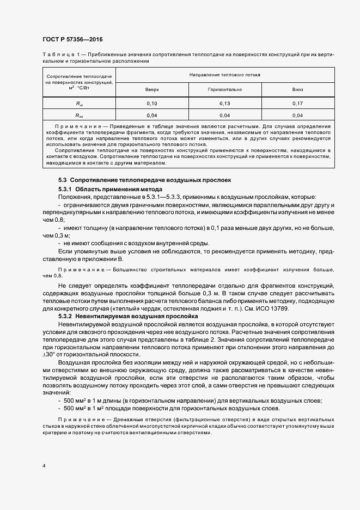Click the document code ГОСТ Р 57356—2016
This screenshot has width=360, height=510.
72,40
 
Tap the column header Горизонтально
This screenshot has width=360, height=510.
224,89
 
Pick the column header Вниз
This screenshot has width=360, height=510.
297,89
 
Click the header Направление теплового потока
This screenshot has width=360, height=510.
224,74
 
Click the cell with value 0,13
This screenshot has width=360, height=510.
224,103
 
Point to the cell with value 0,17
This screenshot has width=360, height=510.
297,103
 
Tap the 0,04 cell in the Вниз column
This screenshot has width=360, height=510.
297,116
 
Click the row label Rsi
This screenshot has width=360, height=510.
79,103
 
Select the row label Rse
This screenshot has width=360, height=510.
79,116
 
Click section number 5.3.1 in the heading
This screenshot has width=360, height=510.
66,189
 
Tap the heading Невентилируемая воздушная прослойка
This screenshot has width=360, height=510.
133,316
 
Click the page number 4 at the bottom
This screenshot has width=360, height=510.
43,466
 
